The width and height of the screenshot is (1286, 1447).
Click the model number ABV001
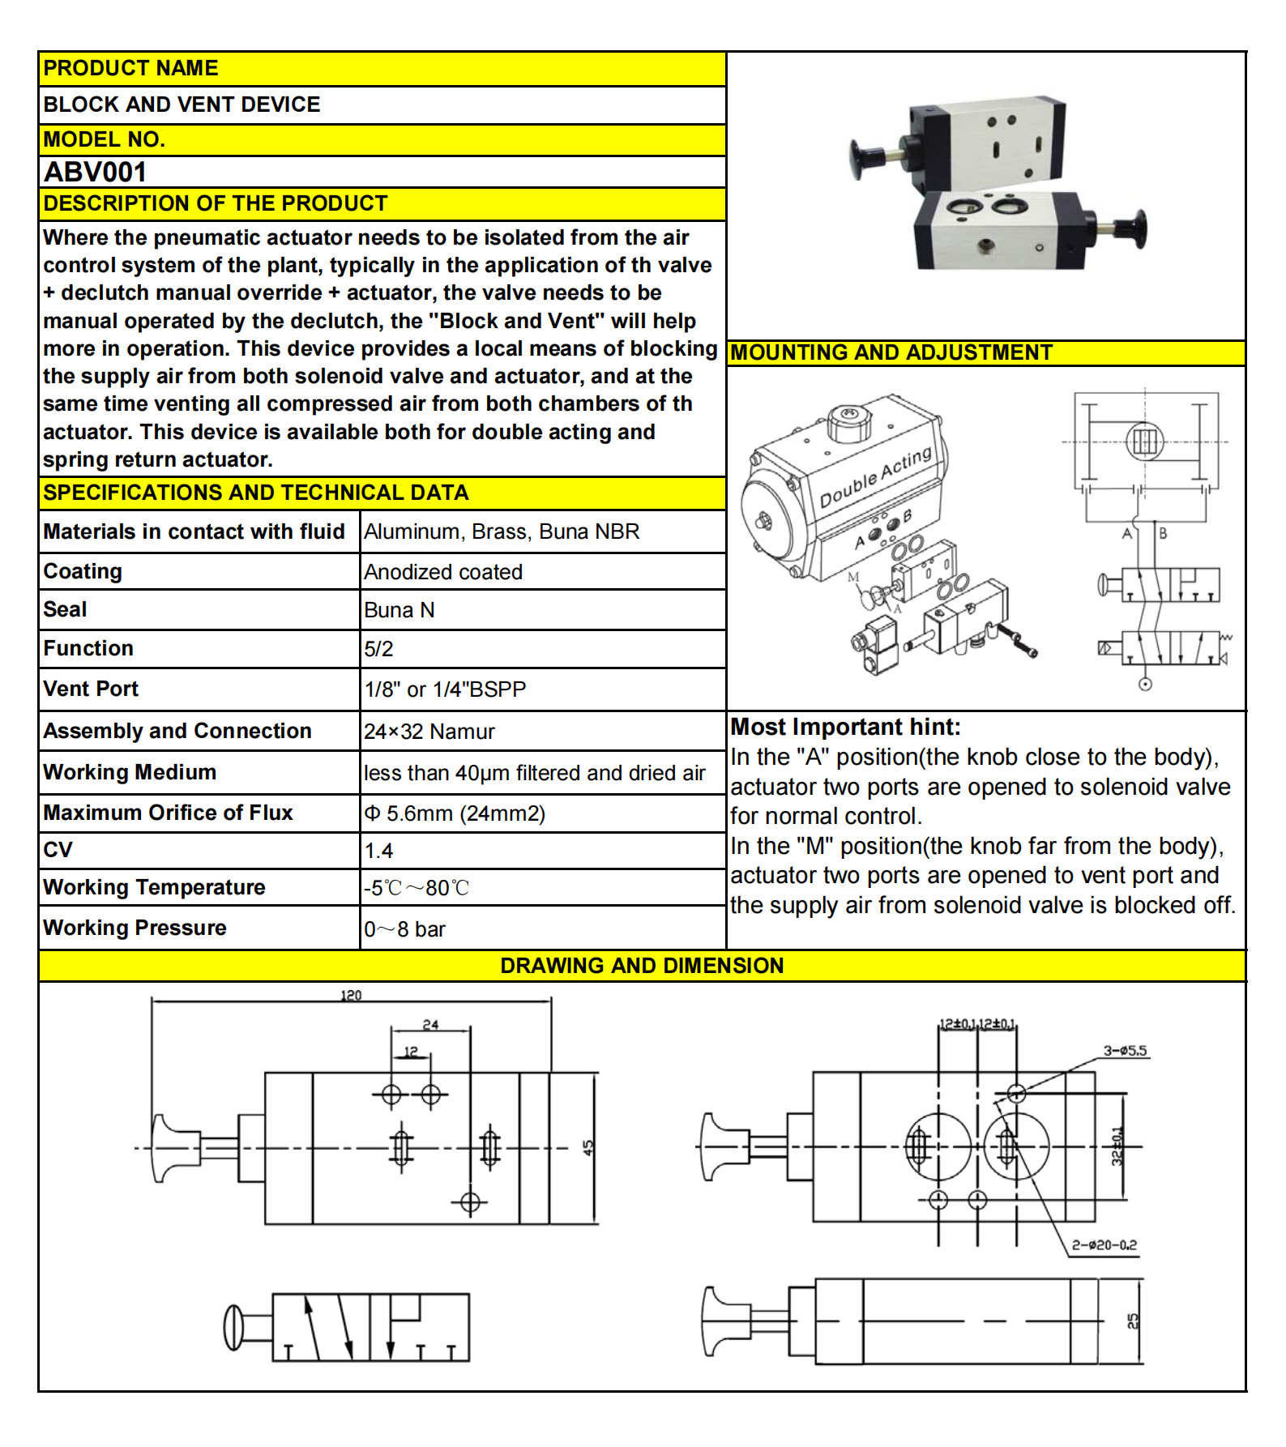coord(95,172)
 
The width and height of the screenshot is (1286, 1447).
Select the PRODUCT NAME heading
coord(130,68)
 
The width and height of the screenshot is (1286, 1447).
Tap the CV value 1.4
coord(378,851)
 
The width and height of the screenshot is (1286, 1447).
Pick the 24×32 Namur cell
coord(429,732)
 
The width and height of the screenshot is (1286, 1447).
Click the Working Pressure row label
coord(135,928)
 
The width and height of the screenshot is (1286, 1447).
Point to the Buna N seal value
coord(399,610)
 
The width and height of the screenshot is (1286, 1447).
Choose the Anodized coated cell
coord(442,572)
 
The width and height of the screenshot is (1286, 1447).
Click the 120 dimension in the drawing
coord(351,995)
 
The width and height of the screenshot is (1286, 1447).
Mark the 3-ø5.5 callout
coord(1125,1051)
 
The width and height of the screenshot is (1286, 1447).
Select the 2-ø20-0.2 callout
coord(1104,1245)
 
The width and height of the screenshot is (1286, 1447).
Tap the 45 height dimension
coord(588,1147)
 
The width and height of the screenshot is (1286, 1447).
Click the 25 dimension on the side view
coord(1133,1321)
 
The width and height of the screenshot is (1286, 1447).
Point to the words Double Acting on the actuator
coord(875,477)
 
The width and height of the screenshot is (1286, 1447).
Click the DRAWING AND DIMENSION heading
coord(642,966)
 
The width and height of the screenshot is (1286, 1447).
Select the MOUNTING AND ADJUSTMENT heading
coord(891,352)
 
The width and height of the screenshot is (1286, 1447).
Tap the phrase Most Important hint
coord(844,727)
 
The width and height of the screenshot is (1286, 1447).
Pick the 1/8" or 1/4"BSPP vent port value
coord(445,689)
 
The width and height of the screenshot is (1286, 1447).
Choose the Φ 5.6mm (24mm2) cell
coord(455,813)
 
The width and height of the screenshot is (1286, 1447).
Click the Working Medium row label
coord(130,772)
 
